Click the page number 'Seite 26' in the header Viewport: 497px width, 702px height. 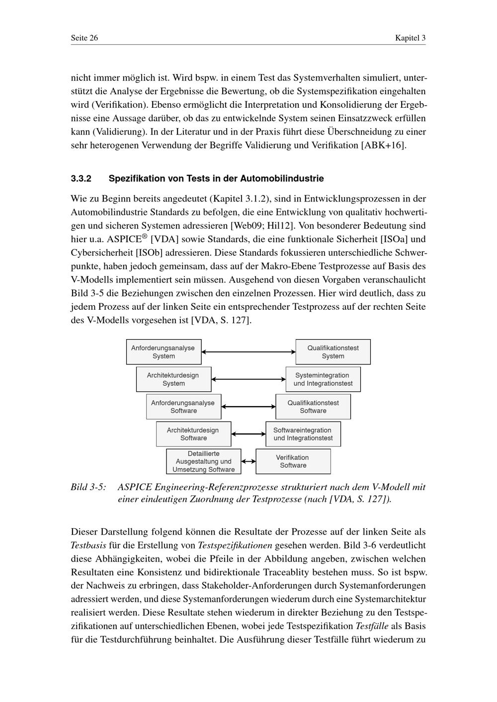click(84, 38)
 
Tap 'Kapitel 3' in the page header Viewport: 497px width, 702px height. click(411, 38)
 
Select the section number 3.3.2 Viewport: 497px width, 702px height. click(82, 178)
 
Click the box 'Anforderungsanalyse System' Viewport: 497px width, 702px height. click(164, 352)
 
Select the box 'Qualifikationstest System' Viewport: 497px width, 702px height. click(333, 352)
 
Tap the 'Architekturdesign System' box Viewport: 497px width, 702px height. click(173, 379)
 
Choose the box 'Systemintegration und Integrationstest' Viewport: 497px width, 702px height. click(323, 379)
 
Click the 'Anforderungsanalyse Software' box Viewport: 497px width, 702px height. click(183, 407)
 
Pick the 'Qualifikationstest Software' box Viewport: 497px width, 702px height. click(313, 407)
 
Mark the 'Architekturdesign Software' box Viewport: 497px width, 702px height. click(193, 434)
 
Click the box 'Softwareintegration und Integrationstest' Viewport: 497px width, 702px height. click(303, 434)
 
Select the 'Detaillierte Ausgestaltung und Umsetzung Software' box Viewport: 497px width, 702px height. click(203, 461)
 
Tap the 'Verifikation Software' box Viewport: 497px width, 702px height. click(293, 461)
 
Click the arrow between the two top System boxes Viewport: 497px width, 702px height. click(248, 352)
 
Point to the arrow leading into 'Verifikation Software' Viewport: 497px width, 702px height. click(248, 461)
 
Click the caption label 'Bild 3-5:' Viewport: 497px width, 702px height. click(88, 487)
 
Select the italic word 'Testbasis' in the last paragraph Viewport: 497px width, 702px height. click(88, 545)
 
